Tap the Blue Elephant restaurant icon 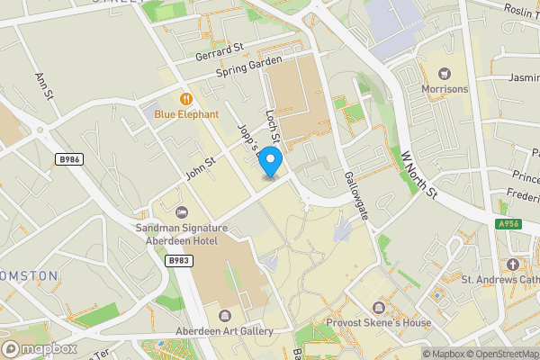coord(185,98)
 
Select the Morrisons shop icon coord(444,73)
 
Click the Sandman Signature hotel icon coord(182,211)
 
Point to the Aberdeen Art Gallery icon coord(224,315)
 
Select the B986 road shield coord(67,159)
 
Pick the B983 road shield coord(177,260)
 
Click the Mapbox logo coord(40,349)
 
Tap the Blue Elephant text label coord(186,114)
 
